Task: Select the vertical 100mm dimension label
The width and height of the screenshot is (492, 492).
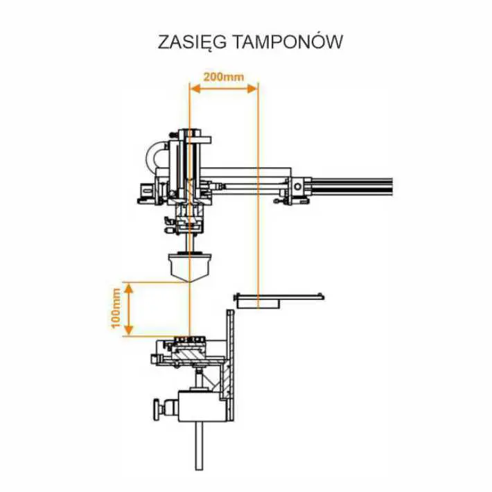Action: (x=117, y=308)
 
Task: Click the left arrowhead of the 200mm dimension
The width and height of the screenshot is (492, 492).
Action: (x=194, y=89)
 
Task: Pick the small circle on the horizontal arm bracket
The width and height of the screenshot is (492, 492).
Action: (x=297, y=187)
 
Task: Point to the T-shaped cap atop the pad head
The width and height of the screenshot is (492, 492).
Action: (x=188, y=132)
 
